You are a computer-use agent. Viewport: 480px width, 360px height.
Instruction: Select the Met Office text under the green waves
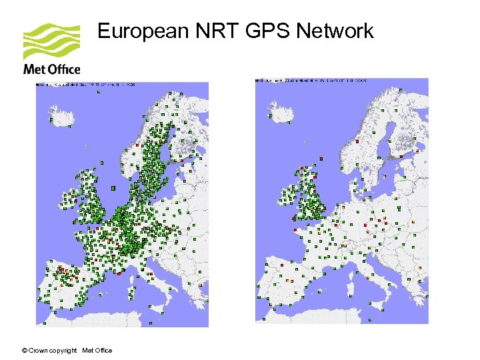click(x=51, y=69)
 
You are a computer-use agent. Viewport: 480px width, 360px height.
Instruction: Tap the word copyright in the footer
click(x=65, y=351)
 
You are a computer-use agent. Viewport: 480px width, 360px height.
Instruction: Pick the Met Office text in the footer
click(x=97, y=351)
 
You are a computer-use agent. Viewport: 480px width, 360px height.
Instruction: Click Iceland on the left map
click(x=63, y=118)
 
